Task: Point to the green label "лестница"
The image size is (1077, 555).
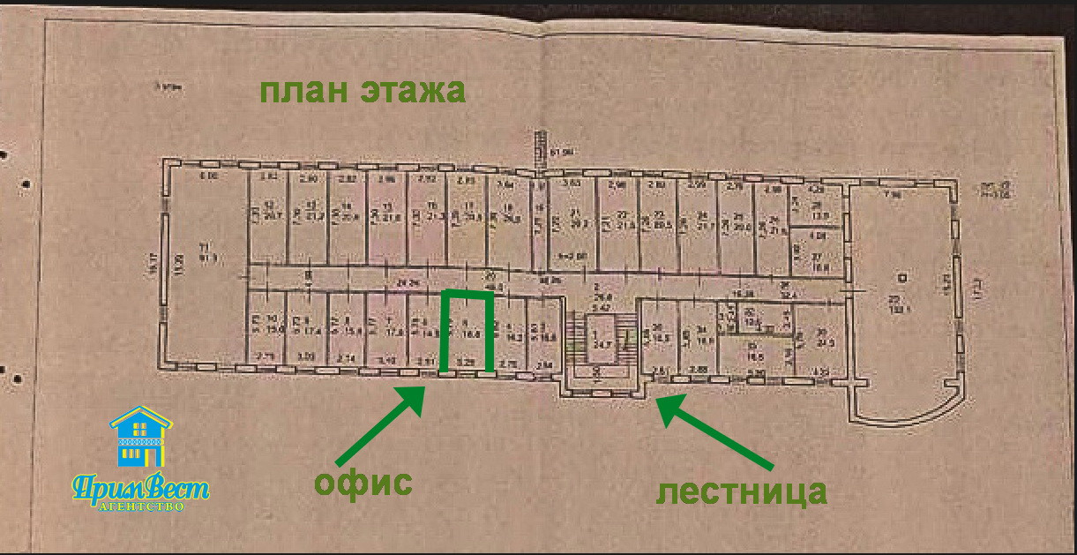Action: [x=740, y=491]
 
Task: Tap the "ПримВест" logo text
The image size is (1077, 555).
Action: [x=140, y=489]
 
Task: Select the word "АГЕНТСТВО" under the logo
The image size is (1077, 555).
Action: [x=141, y=507]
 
